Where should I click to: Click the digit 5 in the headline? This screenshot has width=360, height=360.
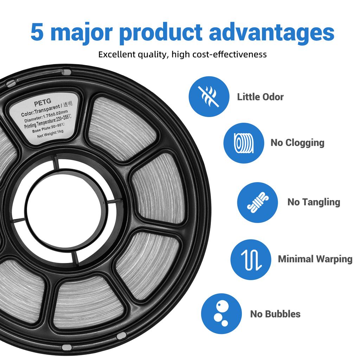[37, 32]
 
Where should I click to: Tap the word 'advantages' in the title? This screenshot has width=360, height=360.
[271, 33]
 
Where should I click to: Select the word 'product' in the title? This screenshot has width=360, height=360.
[161, 33]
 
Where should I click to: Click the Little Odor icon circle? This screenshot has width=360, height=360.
[209, 96]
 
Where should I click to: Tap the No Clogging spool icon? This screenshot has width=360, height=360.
[244, 143]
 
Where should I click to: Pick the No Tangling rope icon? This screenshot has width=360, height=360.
[257, 202]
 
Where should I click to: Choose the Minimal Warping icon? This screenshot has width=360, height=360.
[251, 260]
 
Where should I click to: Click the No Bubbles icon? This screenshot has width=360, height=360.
[221, 314]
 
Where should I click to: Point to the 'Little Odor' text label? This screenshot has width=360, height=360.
[261, 97]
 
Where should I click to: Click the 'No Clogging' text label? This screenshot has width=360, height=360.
[297, 143]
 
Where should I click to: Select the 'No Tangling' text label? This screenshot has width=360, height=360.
[314, 202]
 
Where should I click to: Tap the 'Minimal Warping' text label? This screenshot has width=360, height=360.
[315, 259]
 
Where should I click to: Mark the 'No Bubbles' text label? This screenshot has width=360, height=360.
[275, 314]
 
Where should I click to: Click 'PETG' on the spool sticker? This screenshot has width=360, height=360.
[43, 102]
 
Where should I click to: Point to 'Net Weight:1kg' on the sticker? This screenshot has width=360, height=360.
[50, 134]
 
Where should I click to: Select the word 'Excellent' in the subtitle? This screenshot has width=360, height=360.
[117, 54]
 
